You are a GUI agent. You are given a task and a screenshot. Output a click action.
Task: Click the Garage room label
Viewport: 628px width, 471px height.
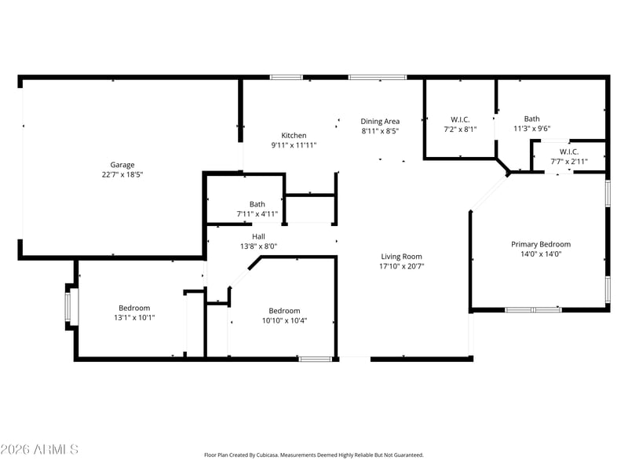click(122, 165)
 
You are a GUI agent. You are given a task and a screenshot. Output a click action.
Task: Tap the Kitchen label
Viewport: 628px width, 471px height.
click(294, 135)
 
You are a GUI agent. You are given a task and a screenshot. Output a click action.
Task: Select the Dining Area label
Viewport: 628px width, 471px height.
click(380, 121)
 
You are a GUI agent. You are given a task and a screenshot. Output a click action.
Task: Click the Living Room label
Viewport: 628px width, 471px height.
click(401, 257)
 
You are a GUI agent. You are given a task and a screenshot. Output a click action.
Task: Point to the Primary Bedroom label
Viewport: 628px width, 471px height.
click(541, 244)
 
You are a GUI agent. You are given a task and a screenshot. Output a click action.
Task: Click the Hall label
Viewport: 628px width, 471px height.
click(258, 236)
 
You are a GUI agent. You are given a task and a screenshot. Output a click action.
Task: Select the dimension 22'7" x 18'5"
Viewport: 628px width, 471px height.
click(122, 174)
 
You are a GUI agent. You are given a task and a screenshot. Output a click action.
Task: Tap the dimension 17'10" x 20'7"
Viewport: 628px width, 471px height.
click(401, 266)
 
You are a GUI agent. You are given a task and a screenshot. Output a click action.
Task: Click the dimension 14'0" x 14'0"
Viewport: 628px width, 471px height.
click(541, 254)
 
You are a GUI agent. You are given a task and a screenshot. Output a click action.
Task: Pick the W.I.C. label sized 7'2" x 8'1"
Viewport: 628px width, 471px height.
click(460, 119)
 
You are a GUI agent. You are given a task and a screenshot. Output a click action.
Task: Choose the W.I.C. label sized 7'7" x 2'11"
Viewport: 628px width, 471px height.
click(568, 152)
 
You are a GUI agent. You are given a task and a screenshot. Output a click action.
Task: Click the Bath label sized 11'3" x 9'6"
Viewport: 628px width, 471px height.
click(532, 119)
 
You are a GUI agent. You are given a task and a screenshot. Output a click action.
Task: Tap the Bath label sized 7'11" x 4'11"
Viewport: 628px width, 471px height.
click(257, 204)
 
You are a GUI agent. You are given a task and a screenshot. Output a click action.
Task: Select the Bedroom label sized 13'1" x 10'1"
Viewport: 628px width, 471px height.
click(134, 308)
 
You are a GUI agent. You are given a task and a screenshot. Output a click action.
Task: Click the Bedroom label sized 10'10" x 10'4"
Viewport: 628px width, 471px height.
click(284, 310)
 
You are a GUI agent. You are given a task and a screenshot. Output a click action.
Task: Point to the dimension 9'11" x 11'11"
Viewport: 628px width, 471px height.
click(294, 145)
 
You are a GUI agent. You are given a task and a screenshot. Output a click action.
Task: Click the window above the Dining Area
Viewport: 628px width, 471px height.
click(378, 77)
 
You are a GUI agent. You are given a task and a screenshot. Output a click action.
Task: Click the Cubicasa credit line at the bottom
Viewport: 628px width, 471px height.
click(314, 455)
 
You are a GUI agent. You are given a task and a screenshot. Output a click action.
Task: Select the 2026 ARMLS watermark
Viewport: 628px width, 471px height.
click(39, 449)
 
